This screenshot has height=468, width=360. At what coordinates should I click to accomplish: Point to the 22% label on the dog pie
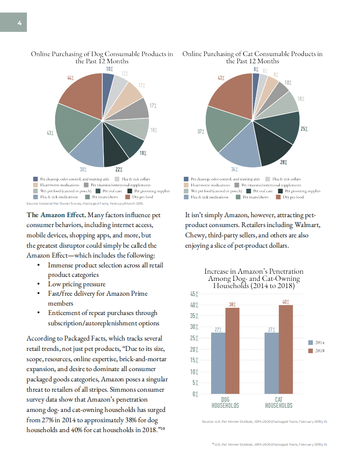[119, 170]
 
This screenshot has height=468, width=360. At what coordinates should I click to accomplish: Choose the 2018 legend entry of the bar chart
[317, 350]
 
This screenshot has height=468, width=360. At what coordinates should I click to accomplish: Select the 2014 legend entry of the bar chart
[317, 342]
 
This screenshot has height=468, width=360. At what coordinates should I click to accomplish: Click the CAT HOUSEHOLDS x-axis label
[278, 402]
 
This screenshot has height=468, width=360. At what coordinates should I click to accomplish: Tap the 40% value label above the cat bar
[286, 302]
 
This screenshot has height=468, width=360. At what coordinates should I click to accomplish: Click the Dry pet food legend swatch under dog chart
[128, 197]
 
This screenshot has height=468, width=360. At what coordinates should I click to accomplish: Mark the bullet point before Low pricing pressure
[39, 284]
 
